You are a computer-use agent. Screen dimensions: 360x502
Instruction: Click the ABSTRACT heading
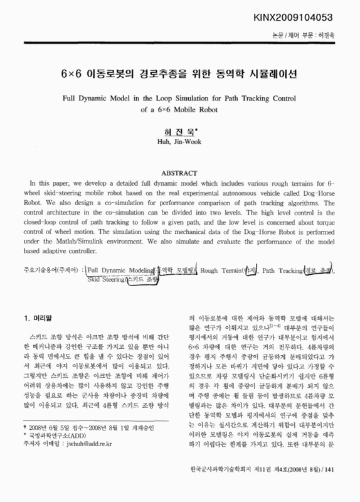(x=180, y=171)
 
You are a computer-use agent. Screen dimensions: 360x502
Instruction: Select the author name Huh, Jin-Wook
(x=179, y=142)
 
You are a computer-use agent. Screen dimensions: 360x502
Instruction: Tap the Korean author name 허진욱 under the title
(x=178, y=132)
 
